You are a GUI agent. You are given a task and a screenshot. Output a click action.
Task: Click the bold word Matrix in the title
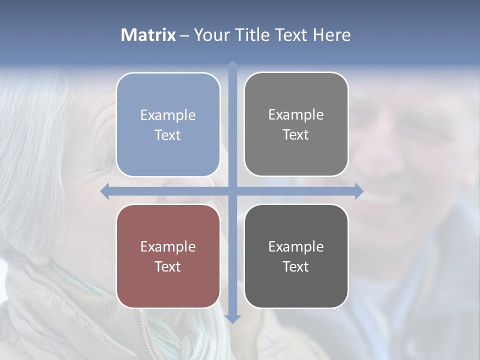(x=148, y=35)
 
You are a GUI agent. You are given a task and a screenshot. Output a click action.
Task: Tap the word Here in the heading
(x=331, y=35)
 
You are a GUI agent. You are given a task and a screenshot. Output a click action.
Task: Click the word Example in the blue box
(x=168, y=115)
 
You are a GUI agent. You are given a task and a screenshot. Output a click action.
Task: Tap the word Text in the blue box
(x=168, y=135)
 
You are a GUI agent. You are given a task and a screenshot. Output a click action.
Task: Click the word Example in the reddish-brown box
(x=168, y=247)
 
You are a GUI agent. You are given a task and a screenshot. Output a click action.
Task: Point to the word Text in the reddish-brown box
(x=168, y=266)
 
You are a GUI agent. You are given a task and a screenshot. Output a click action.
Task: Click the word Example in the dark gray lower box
(x=296, y=247)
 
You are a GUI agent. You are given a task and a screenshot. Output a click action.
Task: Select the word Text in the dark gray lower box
(x=296, y=266)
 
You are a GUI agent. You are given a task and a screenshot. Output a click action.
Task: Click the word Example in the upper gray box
(x=296, y=115)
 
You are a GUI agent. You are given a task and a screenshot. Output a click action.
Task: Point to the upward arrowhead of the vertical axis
(x=232, y=64)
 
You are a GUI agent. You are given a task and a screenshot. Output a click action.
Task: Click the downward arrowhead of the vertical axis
(x=232, y=318)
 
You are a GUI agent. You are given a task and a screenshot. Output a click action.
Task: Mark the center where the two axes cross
(x=232, y=191)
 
